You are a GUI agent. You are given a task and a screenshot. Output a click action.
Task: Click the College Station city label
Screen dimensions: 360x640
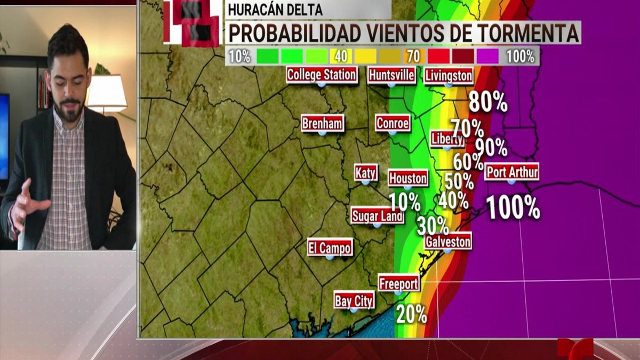(322, 75)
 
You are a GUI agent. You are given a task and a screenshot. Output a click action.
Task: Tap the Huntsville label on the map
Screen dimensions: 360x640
(391, 75)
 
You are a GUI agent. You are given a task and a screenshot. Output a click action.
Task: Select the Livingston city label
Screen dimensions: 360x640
(449, 76)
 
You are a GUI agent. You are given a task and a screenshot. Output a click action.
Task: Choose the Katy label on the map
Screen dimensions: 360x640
(366, 173)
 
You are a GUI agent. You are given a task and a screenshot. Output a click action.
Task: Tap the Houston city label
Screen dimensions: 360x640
(408, 178)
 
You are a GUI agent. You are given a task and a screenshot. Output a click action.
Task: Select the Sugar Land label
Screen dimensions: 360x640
(377, 216)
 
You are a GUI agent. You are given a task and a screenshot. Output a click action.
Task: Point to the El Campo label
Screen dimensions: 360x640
(330, 247)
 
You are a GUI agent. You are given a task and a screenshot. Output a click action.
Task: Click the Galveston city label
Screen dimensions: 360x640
(448, 242)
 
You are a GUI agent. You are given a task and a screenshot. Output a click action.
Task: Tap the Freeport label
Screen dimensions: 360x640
(399, 284)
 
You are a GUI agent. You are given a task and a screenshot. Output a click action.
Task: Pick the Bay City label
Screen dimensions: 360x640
(354, 300)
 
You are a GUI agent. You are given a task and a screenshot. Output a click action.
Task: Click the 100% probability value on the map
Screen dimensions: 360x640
(513, 207)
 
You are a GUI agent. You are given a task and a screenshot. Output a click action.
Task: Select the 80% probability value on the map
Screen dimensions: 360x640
(487, 102)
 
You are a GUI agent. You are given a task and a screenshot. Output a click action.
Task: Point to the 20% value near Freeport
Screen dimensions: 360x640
(411, 314)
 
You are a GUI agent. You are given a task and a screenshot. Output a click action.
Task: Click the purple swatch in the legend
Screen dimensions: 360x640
(487, 56)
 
